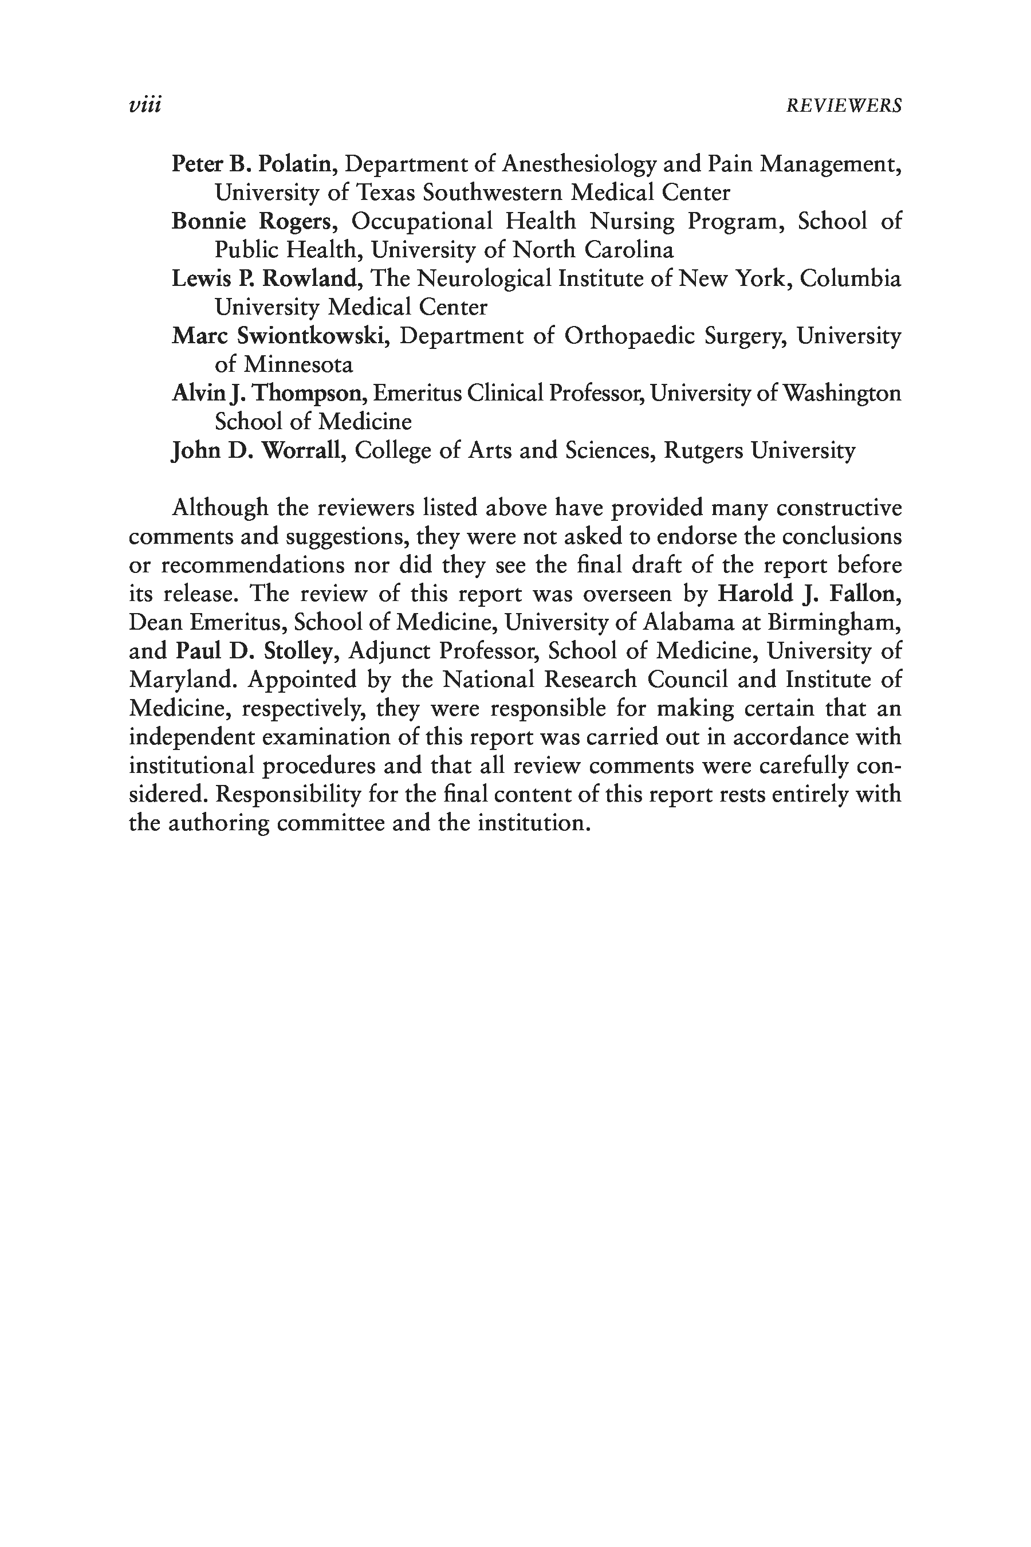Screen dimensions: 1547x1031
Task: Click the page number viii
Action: point(145,105)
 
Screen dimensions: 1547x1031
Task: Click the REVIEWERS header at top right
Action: point(844,106)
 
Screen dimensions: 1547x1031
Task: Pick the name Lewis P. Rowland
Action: point(263,278)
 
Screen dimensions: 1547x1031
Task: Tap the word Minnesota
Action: point(298,364)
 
